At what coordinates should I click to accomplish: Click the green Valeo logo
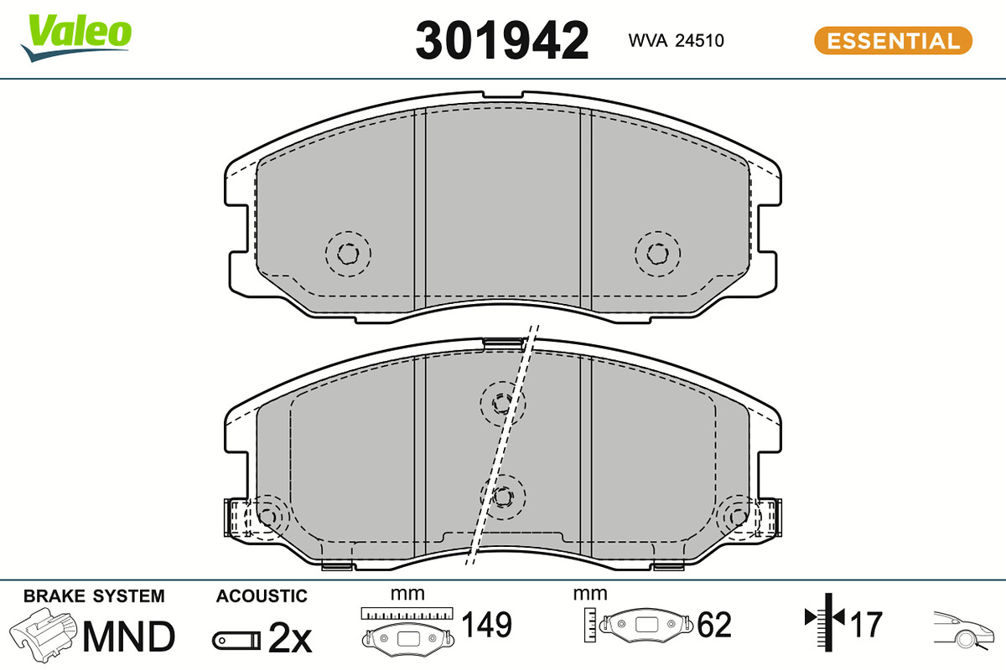point(76,37)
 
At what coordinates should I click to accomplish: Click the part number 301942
point(501,40)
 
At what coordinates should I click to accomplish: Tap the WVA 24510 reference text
point(676,40)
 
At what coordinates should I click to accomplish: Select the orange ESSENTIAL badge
point(894,41)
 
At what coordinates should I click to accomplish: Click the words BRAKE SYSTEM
point(94,596)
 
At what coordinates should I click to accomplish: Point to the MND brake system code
point(129,636)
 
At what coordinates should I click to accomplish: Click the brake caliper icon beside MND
point(43,635)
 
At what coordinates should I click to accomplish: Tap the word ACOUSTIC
point(262,596)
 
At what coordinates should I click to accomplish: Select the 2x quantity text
point(290,637)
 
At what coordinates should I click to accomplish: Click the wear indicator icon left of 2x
point(236,641)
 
